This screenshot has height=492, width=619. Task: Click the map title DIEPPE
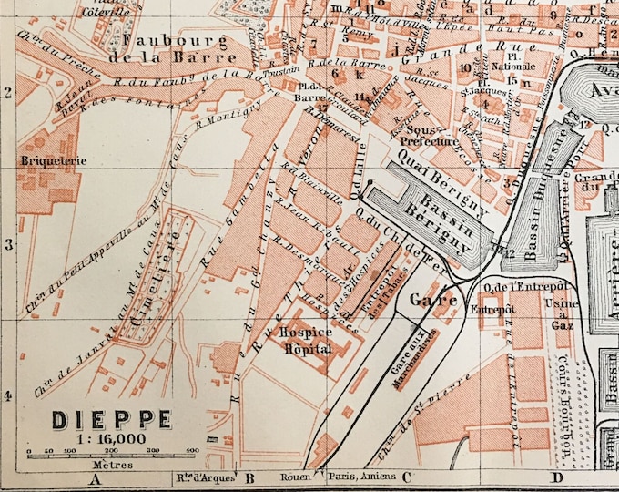click(x=111, y=420)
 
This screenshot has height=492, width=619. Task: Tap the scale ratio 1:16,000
click(x=111, y=438)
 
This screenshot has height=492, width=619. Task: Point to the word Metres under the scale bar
click(x=95, y=464)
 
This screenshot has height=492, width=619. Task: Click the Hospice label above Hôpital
click(x=307, y=333)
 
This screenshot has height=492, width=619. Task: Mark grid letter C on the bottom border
click(x=406, y=476)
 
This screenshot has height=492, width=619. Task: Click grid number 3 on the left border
click(x=8, y=244)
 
